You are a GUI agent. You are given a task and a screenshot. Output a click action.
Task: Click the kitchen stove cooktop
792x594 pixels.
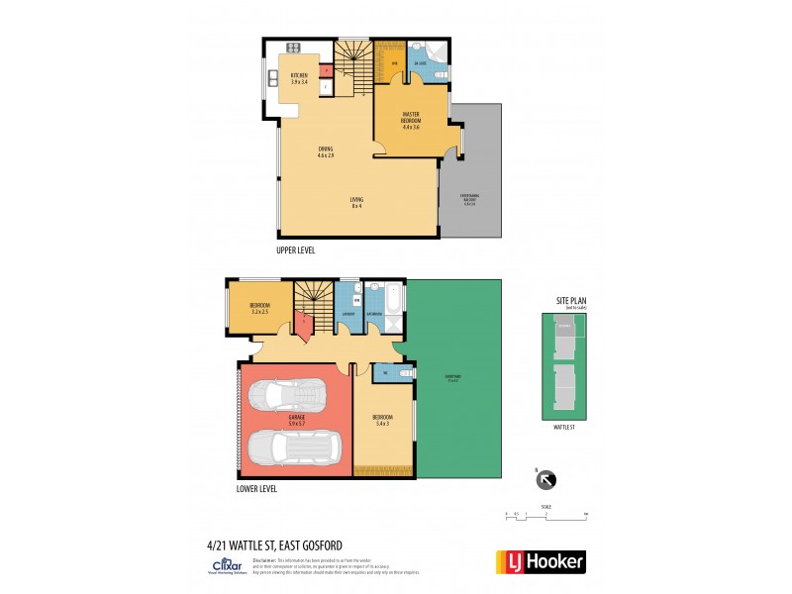294,49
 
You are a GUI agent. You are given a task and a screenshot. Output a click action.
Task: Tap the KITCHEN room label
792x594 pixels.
299,78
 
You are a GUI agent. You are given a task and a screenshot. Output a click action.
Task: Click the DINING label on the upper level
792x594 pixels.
325,152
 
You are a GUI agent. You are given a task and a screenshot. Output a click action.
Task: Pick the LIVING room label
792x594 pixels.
355,202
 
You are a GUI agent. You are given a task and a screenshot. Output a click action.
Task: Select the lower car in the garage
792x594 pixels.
295,449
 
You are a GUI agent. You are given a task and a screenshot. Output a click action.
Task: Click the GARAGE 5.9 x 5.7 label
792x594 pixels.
296,420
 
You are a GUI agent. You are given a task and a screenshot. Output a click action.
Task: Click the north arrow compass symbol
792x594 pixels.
545,481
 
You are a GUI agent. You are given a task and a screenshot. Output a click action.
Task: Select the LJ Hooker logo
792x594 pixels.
539,561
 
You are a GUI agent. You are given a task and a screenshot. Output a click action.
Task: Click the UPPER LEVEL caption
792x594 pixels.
296,251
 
